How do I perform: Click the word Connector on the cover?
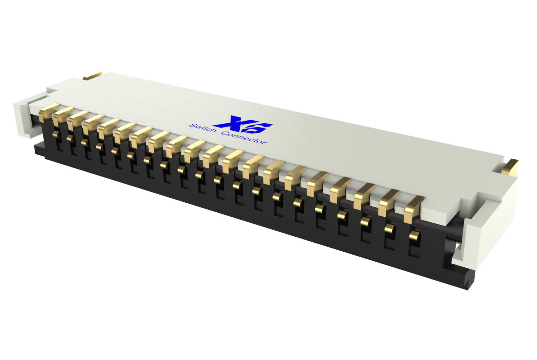pyautogui.click(x=244, y=138)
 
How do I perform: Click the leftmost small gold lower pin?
pyautogui.click(x=56, y=134)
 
